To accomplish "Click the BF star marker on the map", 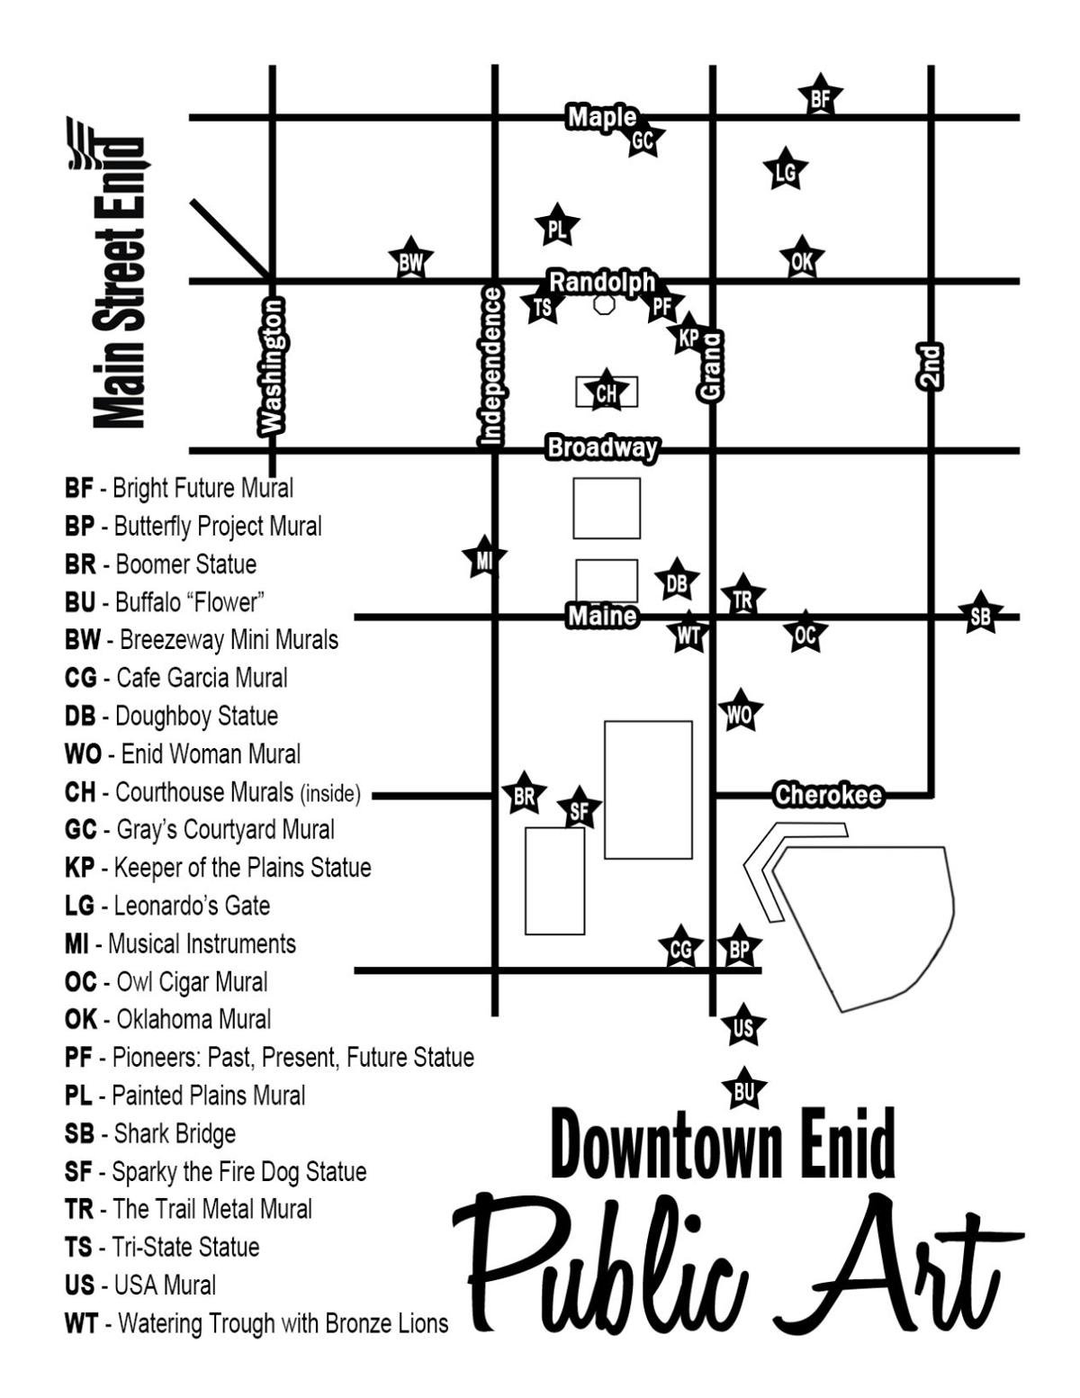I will pyautogui.click(x=820, y=98).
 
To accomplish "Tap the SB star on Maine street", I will pyautogui.click(x=979, y=616).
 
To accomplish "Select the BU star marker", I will pyautogui.click(x=743, y=1091).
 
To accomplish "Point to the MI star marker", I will pyautogui.click(x=484, y=560).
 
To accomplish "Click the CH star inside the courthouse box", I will pyautogui.click(x=607, y=392).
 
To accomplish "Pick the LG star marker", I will pyautogui.click(x=785, y=171).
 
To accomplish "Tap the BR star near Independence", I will pyautogui.click(x=524, y=795).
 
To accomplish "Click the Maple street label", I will pyautogui.click(x=601, y=117).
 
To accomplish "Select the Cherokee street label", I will pyautogui.click(x=827, y=796).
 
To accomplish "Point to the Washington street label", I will pyautogui.click(x=272, y=366).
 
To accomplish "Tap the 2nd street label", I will pyautogui.click(x=930, y=366).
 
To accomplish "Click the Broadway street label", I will pyautogui.click(x=602, y=447).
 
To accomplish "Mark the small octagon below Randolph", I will pyautogui.click(x=604, y=304).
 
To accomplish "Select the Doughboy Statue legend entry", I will pyautogui.click(x=171, y=716).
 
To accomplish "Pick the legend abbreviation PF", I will pyautogui.click(x=78, y=1057).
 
